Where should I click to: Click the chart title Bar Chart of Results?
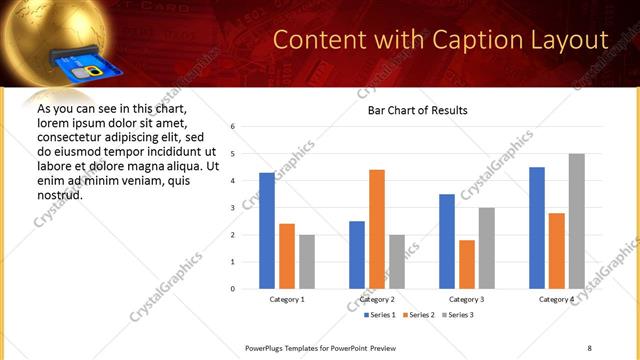(x=412, y=110)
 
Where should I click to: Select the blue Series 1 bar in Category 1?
(x=267, y=230)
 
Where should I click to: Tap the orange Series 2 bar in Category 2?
(x=376, y=229)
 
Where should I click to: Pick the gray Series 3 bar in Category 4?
(x=576, y=221)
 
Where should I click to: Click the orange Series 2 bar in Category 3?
(x=466, y=264)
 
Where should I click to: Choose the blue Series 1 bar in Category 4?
(x=537, y=228)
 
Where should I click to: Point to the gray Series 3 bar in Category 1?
(x=306, y=262)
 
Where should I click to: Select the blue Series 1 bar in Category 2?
(x=357, y=255)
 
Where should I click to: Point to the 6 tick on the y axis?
(x=232, y=127)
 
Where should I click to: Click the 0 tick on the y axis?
(x=232, y=289)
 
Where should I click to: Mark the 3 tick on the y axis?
(x=232, y=208)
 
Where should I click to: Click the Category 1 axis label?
(x=287, y=299)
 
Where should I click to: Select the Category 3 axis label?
(x=466, y=299)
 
